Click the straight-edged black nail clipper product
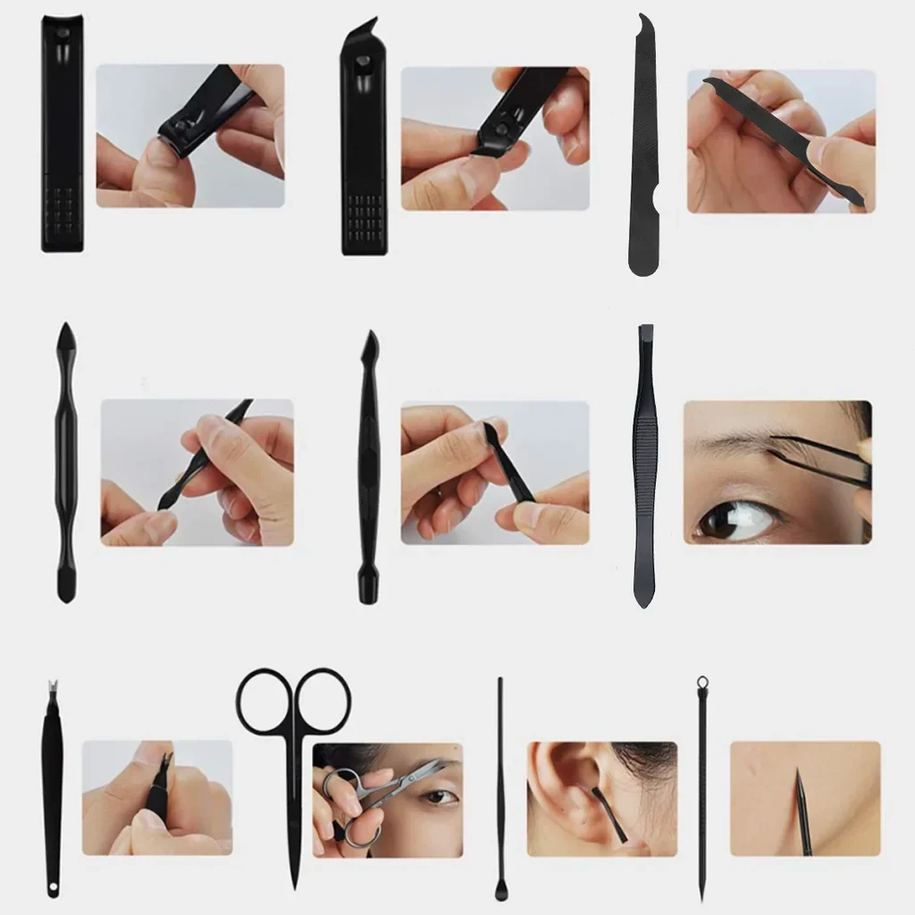[x=62, y=134]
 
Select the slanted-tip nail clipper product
[x=363, y=143]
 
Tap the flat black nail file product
[x=644, y=152]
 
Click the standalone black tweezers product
[x=644, y=465]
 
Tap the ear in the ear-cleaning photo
[x=558, y=786]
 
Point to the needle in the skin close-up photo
[x=802, y=809]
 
